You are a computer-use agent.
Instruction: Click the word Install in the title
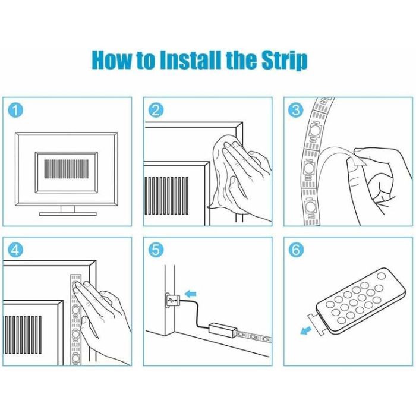click(191, 60)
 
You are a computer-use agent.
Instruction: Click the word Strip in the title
click(285, 61)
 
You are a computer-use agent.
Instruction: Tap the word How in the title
click(112, 60)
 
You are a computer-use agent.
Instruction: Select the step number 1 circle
click(15, 110)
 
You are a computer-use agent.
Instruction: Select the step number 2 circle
click(156, 110)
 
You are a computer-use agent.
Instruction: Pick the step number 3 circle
click(296, 110)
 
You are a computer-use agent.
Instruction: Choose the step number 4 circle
click(15, 250)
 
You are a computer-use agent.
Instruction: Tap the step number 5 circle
click(156, 250)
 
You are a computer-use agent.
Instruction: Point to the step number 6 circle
click(296, 250)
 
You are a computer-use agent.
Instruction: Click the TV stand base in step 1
click(68, 213)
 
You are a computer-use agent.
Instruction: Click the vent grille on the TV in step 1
click(67, 169)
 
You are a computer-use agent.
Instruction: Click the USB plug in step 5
click(173, 301)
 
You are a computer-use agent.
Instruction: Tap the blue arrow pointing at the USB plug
click(190, 294)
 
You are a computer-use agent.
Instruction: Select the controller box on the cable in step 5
click(223, 329)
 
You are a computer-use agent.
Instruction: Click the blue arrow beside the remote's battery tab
click(306, 330)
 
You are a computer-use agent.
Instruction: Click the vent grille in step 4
click(23, 335)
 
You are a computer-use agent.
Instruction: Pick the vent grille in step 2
click(166, 196)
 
